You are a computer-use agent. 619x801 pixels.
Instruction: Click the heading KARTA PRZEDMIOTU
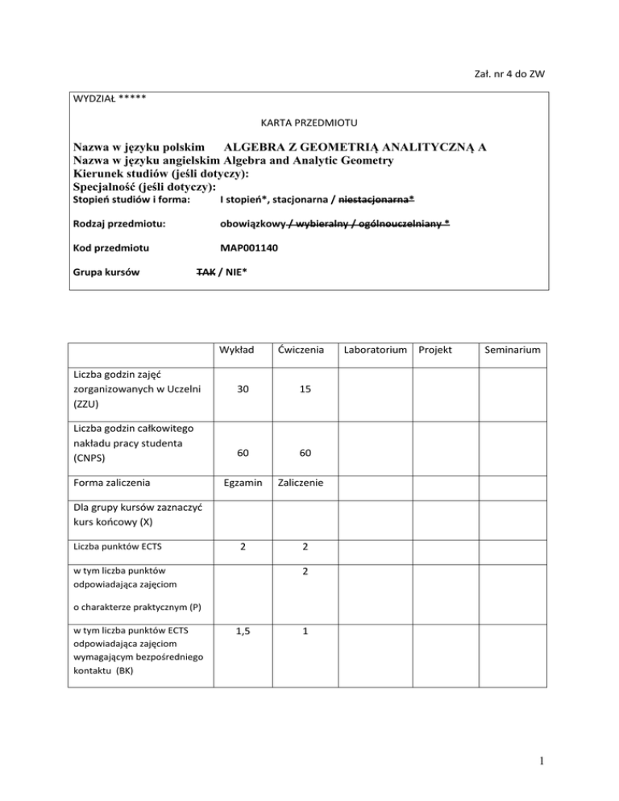point(309,123)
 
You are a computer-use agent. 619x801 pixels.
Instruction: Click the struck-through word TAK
point(206,272)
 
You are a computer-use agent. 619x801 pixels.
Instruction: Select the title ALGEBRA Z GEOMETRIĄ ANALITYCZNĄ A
point(355,147)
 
